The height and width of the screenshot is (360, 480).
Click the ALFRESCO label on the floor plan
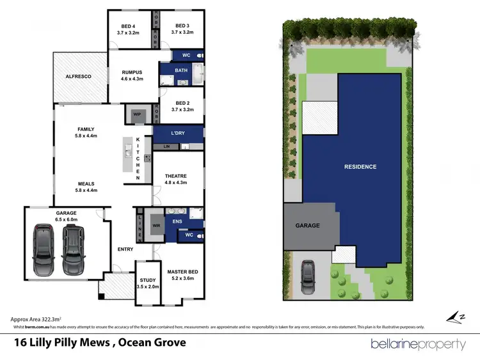coord(79,77)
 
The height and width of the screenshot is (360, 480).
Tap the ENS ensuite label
coord(177,223)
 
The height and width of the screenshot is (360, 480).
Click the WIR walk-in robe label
coord(154,226)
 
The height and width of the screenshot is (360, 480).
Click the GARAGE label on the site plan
coord(307,226)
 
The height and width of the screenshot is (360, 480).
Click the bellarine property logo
coord(419,344)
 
